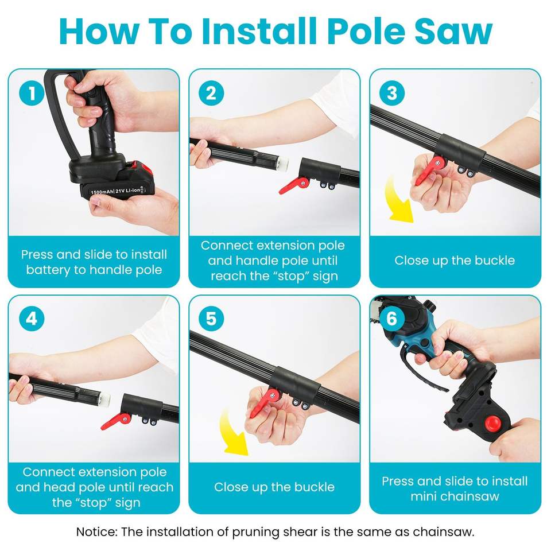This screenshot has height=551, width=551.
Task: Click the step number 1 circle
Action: coord(32,93)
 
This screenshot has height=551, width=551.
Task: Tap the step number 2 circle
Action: coord(211,93)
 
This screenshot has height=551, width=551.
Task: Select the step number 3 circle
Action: coord(392,93)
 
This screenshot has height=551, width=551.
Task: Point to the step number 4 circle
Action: coord(32,319)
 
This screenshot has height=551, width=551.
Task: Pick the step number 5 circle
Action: coord(211,319)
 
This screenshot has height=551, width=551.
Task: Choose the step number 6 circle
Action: coord(392,319)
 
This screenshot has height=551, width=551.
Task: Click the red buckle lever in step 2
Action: coord(293,185)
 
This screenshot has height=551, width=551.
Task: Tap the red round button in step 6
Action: coord(492,423)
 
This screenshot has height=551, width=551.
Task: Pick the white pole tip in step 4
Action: coord(104,399)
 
